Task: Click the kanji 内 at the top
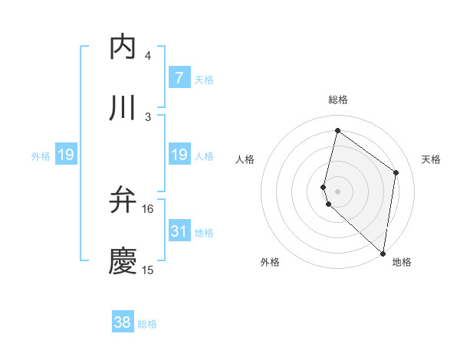tap(123, 47)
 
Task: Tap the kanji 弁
tap(123, 200)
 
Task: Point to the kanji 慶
tap(123, 261)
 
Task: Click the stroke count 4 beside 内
tap(148, 56)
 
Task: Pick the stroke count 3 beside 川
tap(148, 117)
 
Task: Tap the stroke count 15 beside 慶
tap(148, 270)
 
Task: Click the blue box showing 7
tap(179, 77)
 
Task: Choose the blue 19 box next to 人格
tap(179, 155)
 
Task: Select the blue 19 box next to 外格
tap(66, 155)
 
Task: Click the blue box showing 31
tap(179, 231)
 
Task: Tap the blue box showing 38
tap(123, 322)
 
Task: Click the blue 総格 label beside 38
tap(147, 324)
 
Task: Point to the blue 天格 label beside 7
tap(204, 79)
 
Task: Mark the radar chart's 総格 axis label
tap(338, 100)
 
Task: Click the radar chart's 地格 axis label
tap(402, 262)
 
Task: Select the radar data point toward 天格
tap(396, 172)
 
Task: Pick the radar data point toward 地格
tap(383, 254)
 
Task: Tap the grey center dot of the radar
tap(338, 191)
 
